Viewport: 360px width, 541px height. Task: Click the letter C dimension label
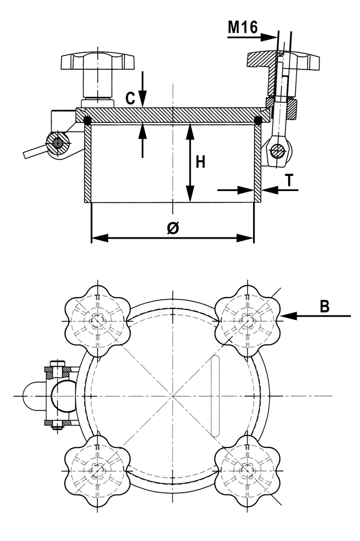[x=130, y=98]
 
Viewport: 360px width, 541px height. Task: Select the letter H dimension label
[x=201, y=162]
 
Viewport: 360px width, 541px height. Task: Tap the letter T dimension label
[x=290, y=181]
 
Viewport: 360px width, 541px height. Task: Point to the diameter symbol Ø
[x=172, y=228]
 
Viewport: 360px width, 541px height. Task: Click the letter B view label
[x=324, y=306]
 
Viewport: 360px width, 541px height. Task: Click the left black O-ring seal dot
[x=88, y=121]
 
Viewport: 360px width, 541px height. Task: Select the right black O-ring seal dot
[x=258, y=120]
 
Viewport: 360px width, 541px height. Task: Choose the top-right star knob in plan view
[x=248, y=320]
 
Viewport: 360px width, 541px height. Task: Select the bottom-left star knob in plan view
[x=97, y=470]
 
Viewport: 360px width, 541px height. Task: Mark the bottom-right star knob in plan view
[x=248, y=470]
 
